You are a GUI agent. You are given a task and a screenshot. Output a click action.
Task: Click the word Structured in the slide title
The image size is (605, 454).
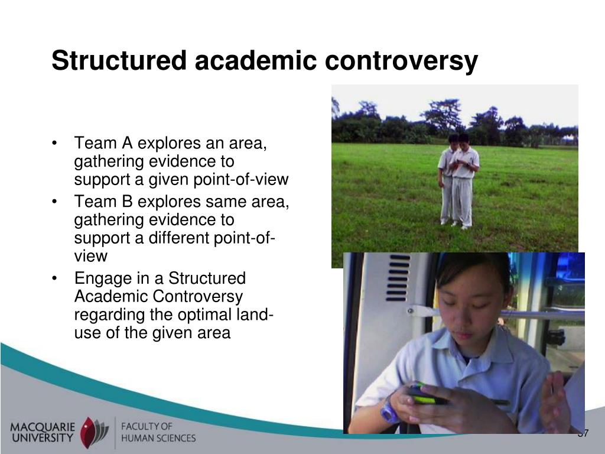coord(119,60)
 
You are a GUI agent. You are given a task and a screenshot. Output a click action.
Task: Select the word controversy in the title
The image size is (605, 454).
coord(401,61)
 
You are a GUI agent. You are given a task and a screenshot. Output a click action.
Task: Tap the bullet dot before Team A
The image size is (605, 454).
coord(54,143)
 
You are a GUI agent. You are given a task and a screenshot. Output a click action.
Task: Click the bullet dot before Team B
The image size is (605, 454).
coord(54,202)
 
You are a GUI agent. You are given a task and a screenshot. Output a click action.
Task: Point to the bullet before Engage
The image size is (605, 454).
coord(54,278)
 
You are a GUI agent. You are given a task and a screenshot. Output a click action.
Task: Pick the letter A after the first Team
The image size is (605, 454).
coord(128,143)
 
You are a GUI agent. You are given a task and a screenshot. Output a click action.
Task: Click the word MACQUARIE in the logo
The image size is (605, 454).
coord(43,427)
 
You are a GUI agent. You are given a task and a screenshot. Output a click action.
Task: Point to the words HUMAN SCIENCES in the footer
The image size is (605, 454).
coord(158,438)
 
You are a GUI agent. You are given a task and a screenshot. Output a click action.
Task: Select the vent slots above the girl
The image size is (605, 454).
coord(398,277)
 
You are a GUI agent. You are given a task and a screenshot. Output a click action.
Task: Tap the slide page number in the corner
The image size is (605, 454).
coord(583,433)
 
